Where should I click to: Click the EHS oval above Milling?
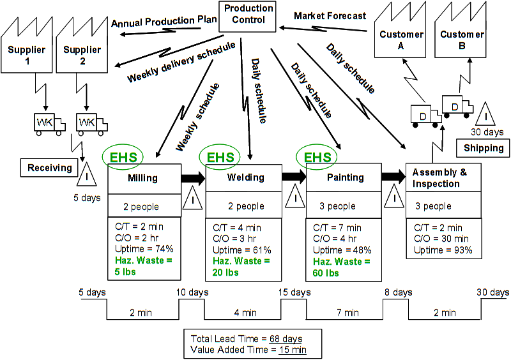tap(123, 156)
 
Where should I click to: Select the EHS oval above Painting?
tap(317, 156)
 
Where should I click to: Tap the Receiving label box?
tap(49, 168)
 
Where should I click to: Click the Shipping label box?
tap(484, 148)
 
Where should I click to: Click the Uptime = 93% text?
tap(443, 250)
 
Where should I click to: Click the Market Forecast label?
tap(330, 15)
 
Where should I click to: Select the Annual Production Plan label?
tap(164, 22)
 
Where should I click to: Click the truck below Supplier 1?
tap(49, 123)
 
